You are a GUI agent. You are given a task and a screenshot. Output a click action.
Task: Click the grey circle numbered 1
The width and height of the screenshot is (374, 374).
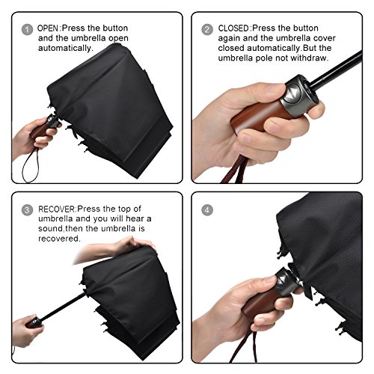(x=27, y=30)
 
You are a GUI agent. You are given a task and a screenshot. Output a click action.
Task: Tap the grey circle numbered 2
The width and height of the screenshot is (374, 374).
(x=207, y=30)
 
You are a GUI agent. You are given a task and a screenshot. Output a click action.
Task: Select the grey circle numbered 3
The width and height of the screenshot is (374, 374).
(x=27, y=210)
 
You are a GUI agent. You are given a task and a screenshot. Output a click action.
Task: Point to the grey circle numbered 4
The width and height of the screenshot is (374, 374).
(x=207, y=210)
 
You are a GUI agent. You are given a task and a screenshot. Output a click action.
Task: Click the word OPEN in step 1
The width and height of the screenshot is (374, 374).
(x=48, y=28)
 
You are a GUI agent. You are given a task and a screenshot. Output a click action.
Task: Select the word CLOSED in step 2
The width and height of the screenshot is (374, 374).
(x=233, y=28)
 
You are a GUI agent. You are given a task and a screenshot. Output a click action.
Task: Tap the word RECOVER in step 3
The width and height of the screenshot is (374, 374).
(x=57, y=209)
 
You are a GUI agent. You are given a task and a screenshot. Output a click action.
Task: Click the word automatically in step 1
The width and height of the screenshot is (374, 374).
(x=65, y=48)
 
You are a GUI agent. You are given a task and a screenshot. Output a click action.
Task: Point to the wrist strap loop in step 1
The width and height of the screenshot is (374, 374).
(x=31, y=165)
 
